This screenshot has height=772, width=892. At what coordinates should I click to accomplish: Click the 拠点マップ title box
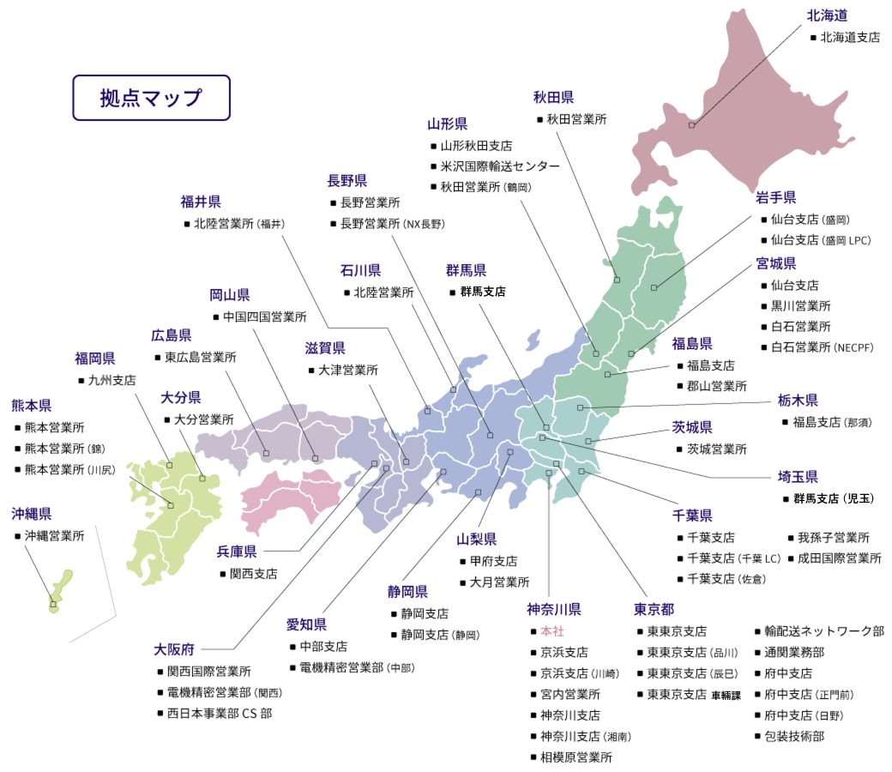coord(151,97)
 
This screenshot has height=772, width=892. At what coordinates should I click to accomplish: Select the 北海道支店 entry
coord(849,38)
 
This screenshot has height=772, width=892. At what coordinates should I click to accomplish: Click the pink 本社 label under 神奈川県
coord(546,631)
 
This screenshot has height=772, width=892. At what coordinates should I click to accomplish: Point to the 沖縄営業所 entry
coord(54,535)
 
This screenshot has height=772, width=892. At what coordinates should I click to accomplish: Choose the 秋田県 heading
coord(553,97)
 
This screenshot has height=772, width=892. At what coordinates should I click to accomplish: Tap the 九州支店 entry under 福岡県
coord(111,379)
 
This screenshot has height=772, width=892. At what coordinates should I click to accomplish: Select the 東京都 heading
coord(654,609)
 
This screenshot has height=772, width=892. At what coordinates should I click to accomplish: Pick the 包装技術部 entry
coord(794,735)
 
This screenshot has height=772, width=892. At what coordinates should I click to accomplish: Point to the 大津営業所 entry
coord(347,371)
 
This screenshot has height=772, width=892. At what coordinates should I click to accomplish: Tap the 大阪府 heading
coord(174,648)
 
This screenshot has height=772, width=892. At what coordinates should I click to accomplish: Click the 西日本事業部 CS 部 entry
coord(219,713)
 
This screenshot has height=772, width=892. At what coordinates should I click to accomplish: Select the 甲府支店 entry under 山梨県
coord(493,561)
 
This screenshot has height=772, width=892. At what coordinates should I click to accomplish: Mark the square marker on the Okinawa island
coord(53,605)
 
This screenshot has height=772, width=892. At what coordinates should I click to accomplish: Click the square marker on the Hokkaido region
coord(691,125)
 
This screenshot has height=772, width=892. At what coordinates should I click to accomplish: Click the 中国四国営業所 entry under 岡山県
coord(264,317)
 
